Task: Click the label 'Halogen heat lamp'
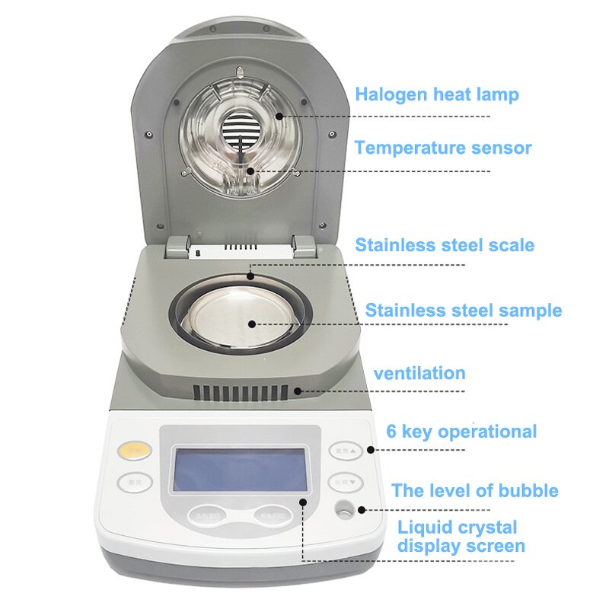pos(436,95)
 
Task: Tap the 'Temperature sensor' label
pos(442,148)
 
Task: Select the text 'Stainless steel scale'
pos(445,245)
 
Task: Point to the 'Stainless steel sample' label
pos(463,311)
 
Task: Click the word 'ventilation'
pos(419,373)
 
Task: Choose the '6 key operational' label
pos(461,432)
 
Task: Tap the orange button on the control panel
pos(135,451)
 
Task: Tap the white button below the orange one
pos(135,482)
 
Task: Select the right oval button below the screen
pos(273,515)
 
